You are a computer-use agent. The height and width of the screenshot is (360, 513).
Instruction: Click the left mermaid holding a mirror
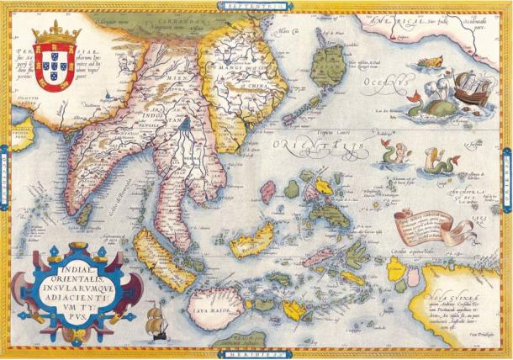tap(390, 152)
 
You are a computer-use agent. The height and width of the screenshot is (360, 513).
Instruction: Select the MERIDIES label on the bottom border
tap(256, 354)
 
